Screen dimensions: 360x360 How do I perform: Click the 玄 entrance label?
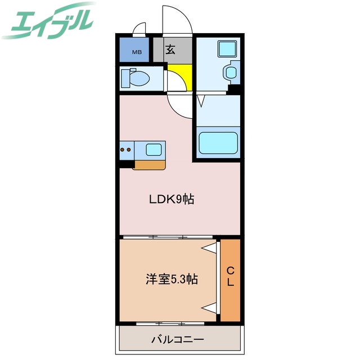point(170,49)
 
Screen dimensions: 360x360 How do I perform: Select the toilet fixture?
point(133,78)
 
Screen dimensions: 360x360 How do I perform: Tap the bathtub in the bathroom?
point(218,142)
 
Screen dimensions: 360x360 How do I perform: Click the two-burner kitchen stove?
point(126,150)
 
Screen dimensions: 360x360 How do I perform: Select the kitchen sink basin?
point(153,150)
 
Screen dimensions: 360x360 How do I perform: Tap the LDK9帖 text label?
point(171,199)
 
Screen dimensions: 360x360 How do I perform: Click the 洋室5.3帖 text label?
point(172,280)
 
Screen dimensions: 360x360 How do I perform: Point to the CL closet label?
point(230,277)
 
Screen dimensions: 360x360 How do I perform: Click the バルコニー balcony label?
point(177,340)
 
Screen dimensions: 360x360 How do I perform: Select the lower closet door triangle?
point(210,307)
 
